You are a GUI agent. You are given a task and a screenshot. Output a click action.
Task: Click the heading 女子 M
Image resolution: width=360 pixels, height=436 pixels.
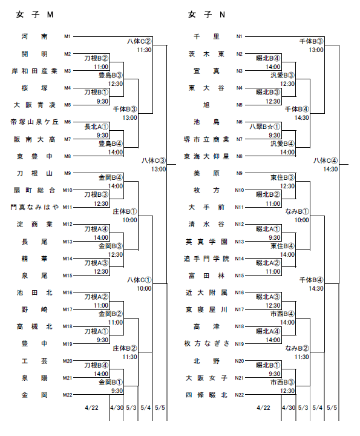click(x=34, y=15)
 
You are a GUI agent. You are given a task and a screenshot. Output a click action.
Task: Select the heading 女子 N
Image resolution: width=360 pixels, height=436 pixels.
click(x=206, y=15)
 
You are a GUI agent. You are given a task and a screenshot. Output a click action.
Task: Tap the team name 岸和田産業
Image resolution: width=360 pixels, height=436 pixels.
click(x=34, y=71)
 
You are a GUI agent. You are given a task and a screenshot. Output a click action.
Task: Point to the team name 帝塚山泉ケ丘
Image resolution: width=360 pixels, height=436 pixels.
click(x=34, y=122)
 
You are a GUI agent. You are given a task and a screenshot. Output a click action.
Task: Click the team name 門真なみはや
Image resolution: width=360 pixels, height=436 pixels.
click(x=34, y=207)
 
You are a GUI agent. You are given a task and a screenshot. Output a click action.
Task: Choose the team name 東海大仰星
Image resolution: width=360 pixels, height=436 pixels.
click(x=206, y=156)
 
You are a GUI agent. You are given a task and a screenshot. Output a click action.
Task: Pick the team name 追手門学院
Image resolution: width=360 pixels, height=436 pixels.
click(x=206, y=259)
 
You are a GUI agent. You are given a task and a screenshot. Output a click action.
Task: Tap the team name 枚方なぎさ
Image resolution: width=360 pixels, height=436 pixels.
click(x=206, y=344)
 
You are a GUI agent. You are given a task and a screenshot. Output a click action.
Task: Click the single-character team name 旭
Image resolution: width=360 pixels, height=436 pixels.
click(x=206, y=105)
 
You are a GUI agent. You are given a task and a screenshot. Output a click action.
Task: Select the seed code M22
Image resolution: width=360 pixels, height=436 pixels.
click(x=68, y=395)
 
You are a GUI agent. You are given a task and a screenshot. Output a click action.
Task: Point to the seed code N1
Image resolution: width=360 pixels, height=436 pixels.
click(x=239, y=36)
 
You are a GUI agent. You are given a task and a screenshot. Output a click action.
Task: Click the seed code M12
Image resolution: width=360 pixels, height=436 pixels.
click(x=68, y=224)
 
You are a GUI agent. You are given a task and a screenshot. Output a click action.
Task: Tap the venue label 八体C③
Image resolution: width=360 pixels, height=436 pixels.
click(x=154, y=160)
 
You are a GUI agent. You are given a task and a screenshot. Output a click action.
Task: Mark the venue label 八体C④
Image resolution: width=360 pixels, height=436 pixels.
click(x=326, y=160)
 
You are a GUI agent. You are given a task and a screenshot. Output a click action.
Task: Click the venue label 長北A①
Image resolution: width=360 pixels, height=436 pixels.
click(x=96, y=127)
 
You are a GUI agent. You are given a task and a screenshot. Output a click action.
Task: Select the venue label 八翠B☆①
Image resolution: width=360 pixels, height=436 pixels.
click(x=265, y=127)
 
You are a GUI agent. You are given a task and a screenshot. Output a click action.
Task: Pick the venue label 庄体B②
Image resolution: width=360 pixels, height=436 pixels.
click(x=125, y=348)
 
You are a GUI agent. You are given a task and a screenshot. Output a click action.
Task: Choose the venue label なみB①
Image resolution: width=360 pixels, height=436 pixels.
click(x=297, y=211)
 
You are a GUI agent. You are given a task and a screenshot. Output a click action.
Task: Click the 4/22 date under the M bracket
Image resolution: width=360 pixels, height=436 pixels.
click(x=92, y=408)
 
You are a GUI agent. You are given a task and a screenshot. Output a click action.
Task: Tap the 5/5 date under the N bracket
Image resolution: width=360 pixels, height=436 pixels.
click(x=332, y=408)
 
